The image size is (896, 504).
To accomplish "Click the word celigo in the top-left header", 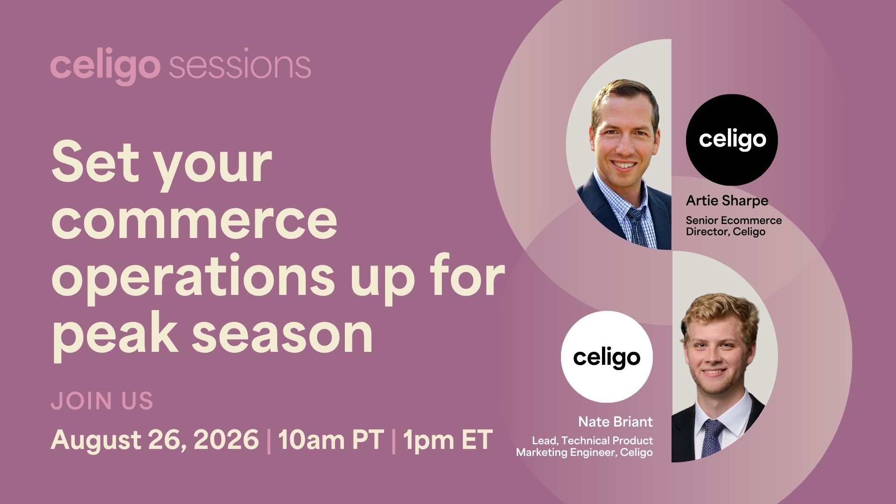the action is tap(105, 68).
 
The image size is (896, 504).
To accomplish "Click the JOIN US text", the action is tap(102, 401).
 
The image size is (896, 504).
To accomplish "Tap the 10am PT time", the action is tap(331, 439).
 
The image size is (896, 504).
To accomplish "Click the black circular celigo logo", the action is tap(732, 140).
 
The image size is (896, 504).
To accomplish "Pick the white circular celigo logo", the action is tap(607, 357).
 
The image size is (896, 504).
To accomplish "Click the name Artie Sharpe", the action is tap(727, 201).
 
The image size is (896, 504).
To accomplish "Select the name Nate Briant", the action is tap(616, 422).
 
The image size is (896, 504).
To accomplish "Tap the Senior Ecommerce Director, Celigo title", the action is tap(734, 226).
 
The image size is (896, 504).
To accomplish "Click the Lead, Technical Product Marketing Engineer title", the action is tap(584, 447).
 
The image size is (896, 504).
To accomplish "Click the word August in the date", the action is tap(94, 440).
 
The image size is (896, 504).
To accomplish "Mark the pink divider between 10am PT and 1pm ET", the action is tap(393, 440).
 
